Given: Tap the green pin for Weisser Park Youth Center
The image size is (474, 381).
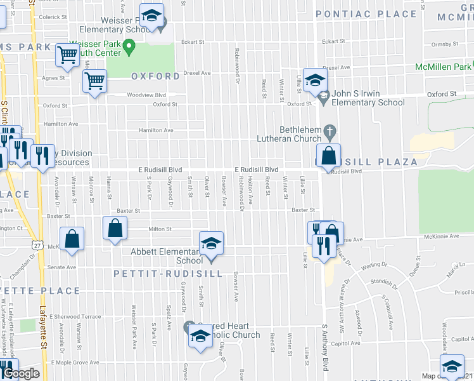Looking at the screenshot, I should tap(129, 46).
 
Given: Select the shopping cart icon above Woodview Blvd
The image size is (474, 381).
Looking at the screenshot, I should tap(94, 81).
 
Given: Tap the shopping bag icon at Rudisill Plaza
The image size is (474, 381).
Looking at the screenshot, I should tap(329, 156).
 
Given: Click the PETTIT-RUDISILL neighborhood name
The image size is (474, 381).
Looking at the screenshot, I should tap(168, 274).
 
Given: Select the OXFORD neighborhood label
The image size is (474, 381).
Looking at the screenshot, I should tap(155, 76).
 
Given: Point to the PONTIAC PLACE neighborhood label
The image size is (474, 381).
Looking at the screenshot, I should tap(367, 13).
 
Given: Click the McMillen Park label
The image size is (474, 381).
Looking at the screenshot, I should tap(444, 67).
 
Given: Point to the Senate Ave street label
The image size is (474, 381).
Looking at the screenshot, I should tap(62, 267).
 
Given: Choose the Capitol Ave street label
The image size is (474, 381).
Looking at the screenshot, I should tap(346, 343).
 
